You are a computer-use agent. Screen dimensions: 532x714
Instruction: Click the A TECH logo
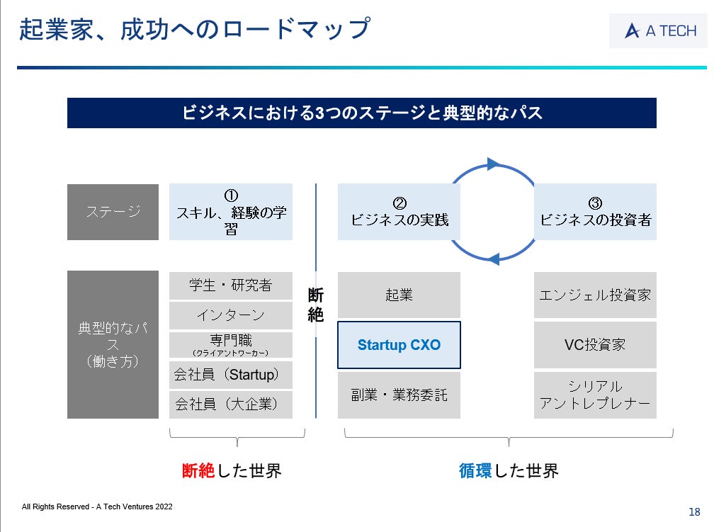coord(659,30)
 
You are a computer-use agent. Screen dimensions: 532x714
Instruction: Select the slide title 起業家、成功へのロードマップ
coord(194,30)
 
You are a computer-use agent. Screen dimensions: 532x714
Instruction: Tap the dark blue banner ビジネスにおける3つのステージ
coord(361,113)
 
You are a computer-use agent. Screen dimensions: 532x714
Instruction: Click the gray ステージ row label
coord(113,212)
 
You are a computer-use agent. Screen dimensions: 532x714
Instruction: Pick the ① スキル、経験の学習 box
coord(230,212)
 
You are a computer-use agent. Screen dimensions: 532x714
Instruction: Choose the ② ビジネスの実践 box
coord(399,212)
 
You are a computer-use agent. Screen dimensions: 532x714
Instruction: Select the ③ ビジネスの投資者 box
coord(595,212)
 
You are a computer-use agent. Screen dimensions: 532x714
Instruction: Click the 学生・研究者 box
coord(230,285)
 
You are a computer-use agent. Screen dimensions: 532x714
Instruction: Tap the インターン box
coord(230,315)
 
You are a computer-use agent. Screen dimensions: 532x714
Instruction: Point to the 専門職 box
coord(230,344)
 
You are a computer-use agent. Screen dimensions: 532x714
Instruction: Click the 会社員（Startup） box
coord(230,375)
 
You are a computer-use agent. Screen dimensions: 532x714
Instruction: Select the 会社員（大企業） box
coord(230,404)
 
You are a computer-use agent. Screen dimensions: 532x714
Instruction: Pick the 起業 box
coord(399,295)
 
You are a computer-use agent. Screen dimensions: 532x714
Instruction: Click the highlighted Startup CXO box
coord(399,345)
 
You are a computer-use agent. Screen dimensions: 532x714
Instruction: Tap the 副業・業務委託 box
coord(399,395)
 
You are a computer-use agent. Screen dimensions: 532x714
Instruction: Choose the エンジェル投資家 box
coord(595,295)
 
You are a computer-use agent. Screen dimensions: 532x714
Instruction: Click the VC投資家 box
coord(595,345)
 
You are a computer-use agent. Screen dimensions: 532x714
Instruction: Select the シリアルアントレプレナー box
coord(595,395)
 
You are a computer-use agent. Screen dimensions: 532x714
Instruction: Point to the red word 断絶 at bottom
coord(198,470)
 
